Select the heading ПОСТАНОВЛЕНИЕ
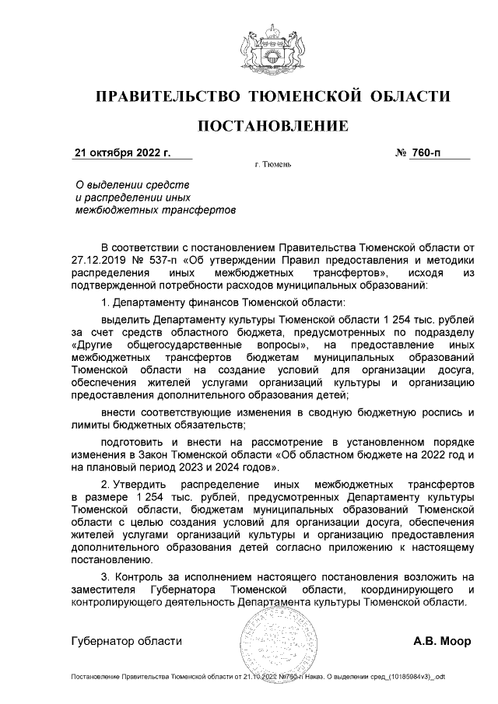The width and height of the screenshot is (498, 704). pyautogui.click(x=272, y=126)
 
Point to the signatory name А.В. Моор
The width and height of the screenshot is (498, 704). pyautogui.click(x=441, y=642)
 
